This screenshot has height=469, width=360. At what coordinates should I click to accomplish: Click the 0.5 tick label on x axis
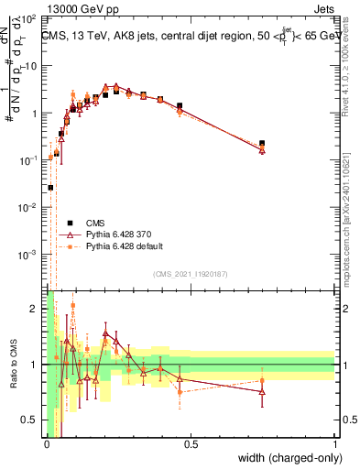[x=191, y=444]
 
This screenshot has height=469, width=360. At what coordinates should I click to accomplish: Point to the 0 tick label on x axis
[x=46, y=444]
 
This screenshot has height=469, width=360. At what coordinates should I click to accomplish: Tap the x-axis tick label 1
[x=334, y=444]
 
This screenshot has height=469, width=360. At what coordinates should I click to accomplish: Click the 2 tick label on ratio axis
[x=35, y=309]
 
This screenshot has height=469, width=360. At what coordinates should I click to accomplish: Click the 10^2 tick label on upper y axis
[x=29, y=18]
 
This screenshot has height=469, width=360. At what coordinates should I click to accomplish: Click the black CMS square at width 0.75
[x=262, y=144]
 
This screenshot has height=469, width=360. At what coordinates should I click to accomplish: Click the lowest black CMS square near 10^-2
[x=50, y=187]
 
